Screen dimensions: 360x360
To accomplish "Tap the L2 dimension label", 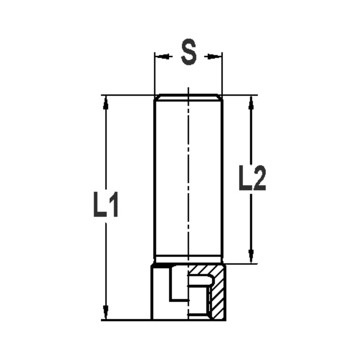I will coord(252,178).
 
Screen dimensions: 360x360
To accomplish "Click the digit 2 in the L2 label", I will coord(259,178).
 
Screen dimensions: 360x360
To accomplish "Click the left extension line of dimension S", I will coord(154,72).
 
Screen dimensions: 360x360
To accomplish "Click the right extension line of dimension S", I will coord(222,72).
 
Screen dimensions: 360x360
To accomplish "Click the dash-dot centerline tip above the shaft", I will coord(188,89).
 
